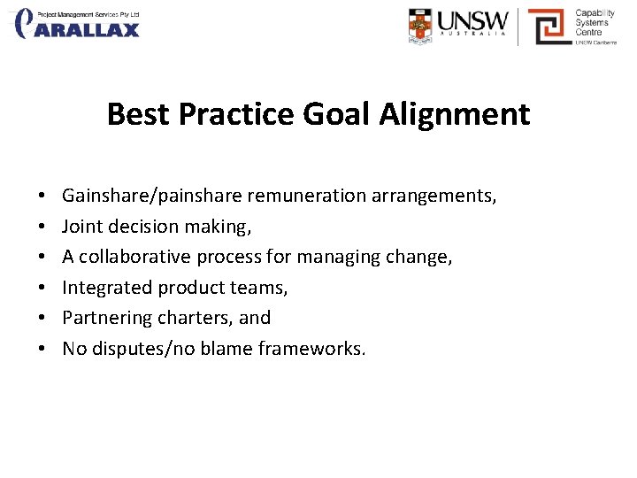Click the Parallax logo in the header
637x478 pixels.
[x=77, y=24]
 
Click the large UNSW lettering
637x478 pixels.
[x=473, y=20]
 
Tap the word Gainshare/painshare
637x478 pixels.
[x=152, y=196]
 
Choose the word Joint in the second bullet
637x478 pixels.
[x=81, y=227]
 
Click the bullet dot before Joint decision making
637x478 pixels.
[x=42, y=227]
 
